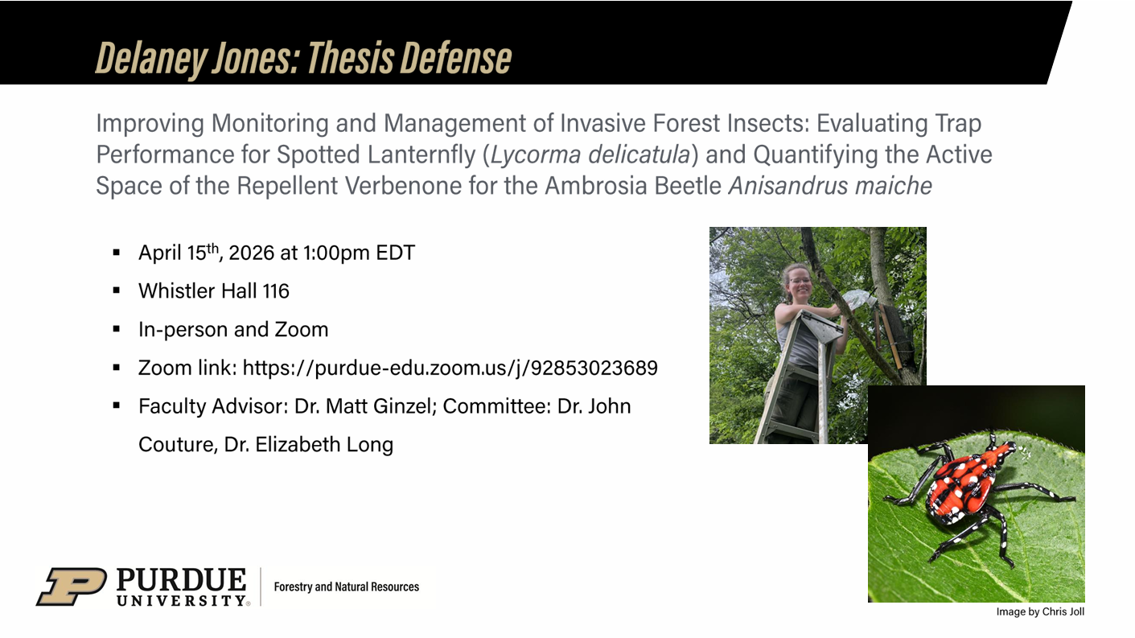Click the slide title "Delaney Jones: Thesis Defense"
pos(303,57)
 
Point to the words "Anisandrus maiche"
pos(830,186)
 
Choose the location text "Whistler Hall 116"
pos(213,290)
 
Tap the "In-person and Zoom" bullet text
pos(233,329)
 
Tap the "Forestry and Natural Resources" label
pos(346,587)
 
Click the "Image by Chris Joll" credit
pos(1040,612)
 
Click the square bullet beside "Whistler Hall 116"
pos(117,290)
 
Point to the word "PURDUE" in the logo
pos(182,579)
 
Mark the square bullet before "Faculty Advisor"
pos(117,406)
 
